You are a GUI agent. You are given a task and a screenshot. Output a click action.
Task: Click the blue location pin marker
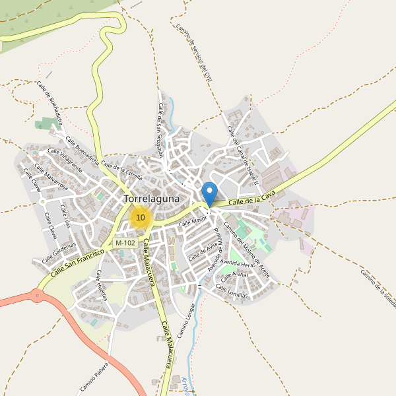coord(209,193)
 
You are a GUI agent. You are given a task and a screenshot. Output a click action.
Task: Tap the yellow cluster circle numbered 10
coord(140,217)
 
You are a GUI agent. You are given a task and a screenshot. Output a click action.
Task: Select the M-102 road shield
coord(125,243)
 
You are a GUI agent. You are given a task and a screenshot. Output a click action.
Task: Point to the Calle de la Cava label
coord(251,197)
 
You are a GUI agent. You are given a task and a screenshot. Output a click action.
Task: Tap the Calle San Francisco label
coord(78,261)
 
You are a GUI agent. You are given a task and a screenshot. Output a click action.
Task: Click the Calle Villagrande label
coord(64,160)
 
